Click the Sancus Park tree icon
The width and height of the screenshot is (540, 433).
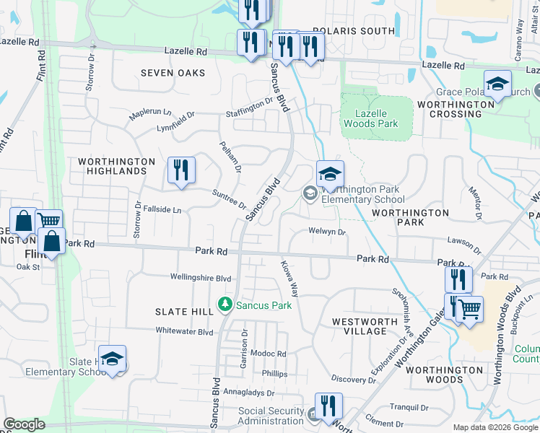click(x=226, y=305)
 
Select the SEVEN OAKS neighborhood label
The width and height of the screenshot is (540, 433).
click(x=173, y=73)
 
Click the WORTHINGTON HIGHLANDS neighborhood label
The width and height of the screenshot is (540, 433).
click(x=116, y=166)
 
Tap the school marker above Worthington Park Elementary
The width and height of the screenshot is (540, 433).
click(x=330, y=175)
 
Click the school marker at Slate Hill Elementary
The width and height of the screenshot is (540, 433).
click(x=113, y=359)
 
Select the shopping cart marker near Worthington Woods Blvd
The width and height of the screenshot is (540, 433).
click(x=469, y=310)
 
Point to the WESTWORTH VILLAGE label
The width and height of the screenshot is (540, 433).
click(x=365, y=326)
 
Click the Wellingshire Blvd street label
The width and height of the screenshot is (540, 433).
click(x=201, y=277)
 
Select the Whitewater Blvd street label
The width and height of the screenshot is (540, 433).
click(x=185, y=331)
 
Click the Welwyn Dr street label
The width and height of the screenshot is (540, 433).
click(x=328, y=232)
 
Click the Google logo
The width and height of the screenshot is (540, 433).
click(x=23, y=424)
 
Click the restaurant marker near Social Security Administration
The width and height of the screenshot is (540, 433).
click(x=328, y=406)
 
